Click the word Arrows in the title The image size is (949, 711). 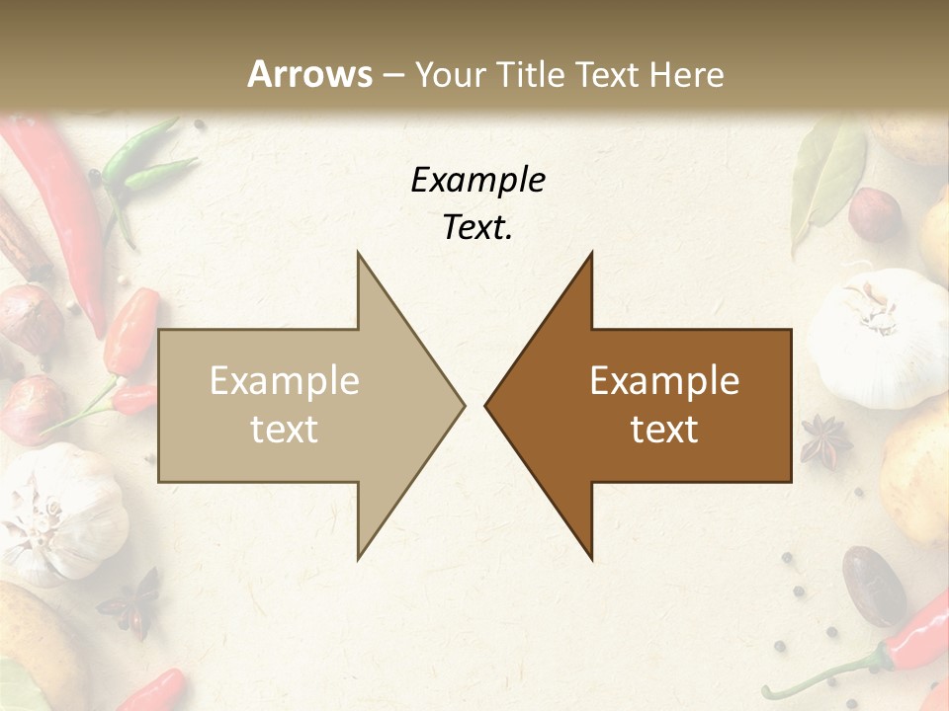coord(310,74)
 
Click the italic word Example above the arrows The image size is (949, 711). coord(477,180)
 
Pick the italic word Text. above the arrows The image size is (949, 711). coord(477,228)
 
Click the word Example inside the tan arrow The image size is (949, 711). coord(285,381)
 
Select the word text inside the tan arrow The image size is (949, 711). coord(285,430)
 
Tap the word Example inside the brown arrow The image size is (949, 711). coord(664,381)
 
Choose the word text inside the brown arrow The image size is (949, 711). coord(664,430)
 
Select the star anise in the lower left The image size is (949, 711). coord(132,601)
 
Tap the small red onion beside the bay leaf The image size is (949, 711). coord(875,214)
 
